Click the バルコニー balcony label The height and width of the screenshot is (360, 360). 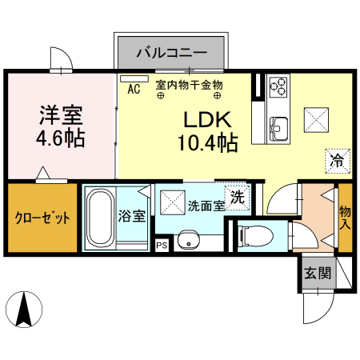(x=171, y=54)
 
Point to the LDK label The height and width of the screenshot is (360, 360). (x=207, y=121)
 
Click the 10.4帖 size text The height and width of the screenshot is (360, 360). (x=207, y=144)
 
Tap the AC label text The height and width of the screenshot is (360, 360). (x=134, y=90)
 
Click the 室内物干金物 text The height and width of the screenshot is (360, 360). (x=189, y=84)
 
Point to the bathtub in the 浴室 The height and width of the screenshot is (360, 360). (x=100, y=218)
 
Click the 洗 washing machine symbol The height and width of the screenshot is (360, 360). (x=238, y=194)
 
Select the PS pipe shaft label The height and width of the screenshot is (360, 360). (x=162, y=246)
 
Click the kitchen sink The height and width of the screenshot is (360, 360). (x=278, y=127)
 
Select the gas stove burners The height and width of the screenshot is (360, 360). (x=279, y=84)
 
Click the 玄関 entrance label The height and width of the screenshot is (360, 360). (x=316, y=273)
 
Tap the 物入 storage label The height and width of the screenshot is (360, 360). (x=345, y=216)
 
